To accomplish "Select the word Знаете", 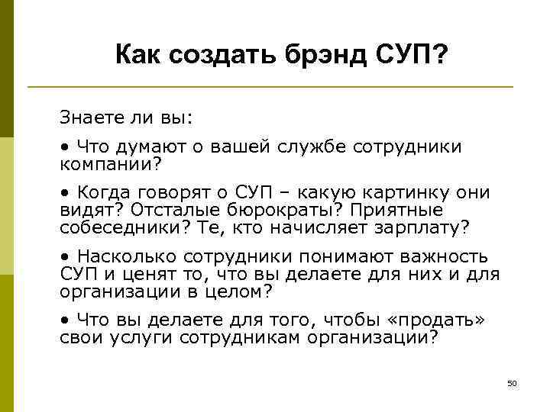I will point(90,118).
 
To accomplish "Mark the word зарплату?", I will point(419,227).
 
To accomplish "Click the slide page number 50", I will point(512,382).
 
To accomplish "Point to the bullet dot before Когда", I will point(66,192).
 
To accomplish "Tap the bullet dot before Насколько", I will point(66,256).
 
